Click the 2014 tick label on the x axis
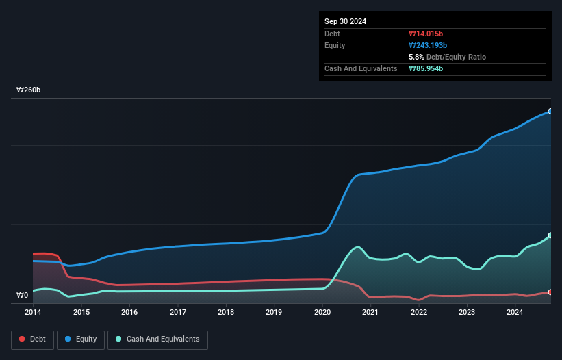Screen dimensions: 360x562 tap(33, 313)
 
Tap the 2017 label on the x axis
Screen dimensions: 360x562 tap(178, 313)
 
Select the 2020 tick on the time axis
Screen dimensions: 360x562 tap(322, 313)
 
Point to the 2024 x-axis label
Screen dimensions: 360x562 tap(515, 313)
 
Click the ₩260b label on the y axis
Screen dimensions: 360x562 tap(29, 90)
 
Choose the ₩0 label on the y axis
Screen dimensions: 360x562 tap(23, 296)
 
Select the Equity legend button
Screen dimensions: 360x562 tap(80, 339)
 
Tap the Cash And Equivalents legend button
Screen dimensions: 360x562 tap(157, 339)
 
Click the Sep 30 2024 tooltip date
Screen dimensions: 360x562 tap(345, 21)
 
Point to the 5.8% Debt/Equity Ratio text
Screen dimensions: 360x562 tap(447, 57)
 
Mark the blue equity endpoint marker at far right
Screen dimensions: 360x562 tap(550, 111)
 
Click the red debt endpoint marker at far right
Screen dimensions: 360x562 tap(550, 292)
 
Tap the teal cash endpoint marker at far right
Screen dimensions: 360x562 tap(550, 235)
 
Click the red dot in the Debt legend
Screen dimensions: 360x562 tap(23, 339)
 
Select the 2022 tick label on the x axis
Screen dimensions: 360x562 tap(419, 313)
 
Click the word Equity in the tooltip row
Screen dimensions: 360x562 tap(335, 45)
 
